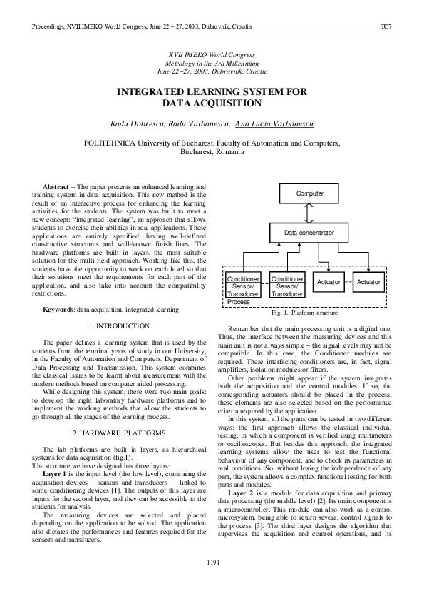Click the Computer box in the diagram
309,193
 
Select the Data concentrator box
309,233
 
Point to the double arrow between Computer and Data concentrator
309,213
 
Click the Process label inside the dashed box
239,302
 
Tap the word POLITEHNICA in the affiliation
114,143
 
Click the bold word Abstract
56,187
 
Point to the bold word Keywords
58,310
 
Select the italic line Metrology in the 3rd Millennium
212,64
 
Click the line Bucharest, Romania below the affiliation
212,152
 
